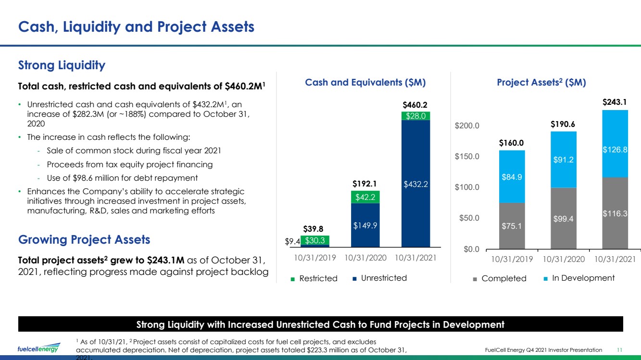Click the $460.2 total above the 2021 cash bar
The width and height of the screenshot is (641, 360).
pyautogui.click(x=415, y=105)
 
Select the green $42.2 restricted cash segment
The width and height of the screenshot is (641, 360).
pyautogui.click(x=365, y=197)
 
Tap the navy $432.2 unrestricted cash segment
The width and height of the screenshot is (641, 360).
pyautogui.click(x=416, y=184)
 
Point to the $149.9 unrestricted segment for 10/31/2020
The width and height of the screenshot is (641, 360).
pyautogui.click(x=365, y=225)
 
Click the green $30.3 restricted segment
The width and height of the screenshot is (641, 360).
pyautogui.click(x=315, y=240)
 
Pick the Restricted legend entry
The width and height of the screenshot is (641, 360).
pyautogui.click(x=314, y=278)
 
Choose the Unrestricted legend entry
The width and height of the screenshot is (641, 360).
pyautogui.click(x=379, y=278)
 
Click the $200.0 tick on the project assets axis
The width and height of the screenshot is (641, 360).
pyautogui.click(x=467, y=125)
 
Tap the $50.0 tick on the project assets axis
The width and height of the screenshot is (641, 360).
pyautogui.click(x=469, y=218)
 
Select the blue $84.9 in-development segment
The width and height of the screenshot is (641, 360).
pyautogui.click(x=512, y=177)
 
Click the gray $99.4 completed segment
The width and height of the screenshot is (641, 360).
pyautogui.click(x=564, y=219)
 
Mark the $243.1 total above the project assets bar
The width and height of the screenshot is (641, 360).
pyautogui.click(x=615, y=102)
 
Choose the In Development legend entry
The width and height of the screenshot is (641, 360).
pyautogui.click(x=579, y=278)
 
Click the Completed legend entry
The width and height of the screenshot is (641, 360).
pyautogui.click(x=500, y=278)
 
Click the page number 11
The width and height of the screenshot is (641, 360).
pyautogui.click(x=619, y=350)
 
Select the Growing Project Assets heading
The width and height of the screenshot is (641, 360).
pyautogui.click(x=84, y=240)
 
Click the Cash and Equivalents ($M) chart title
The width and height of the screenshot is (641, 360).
pyautogui.click(x=365, y=82)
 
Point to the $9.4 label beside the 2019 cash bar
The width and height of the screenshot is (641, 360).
pyautogui.click(x=292, y=241)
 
